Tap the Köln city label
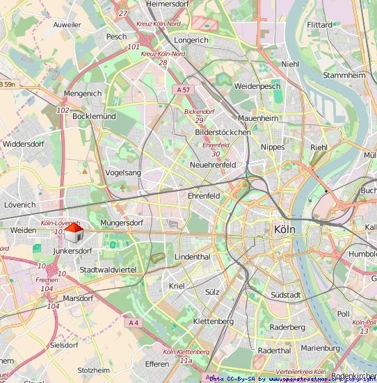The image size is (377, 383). (286, 229)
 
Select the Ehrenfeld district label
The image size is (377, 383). (204, 196)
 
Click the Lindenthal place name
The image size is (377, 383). (192, 256)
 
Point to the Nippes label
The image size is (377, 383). (273, 147)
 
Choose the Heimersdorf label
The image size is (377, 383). (168, 4)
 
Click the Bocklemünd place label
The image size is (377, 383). (94, 117)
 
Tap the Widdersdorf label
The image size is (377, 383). (24, 144)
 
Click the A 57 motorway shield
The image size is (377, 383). (183, 90)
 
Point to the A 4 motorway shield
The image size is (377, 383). (134, 323)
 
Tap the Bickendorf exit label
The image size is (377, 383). (199, 112)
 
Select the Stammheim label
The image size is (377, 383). (344, 74)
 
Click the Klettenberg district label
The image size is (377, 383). (213, 321)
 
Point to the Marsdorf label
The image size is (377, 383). (78, 298)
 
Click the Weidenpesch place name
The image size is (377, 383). (257, 86)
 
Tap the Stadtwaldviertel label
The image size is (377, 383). (108, 269)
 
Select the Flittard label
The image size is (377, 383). (319, 25)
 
